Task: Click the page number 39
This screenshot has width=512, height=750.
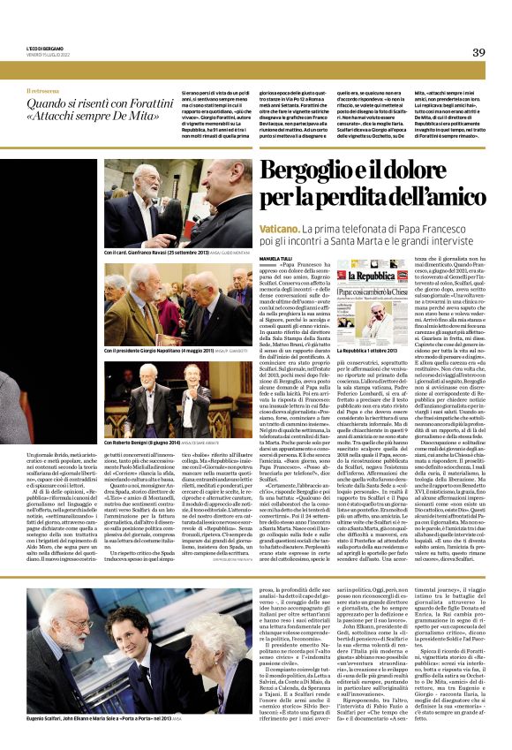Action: coord(478,52)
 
